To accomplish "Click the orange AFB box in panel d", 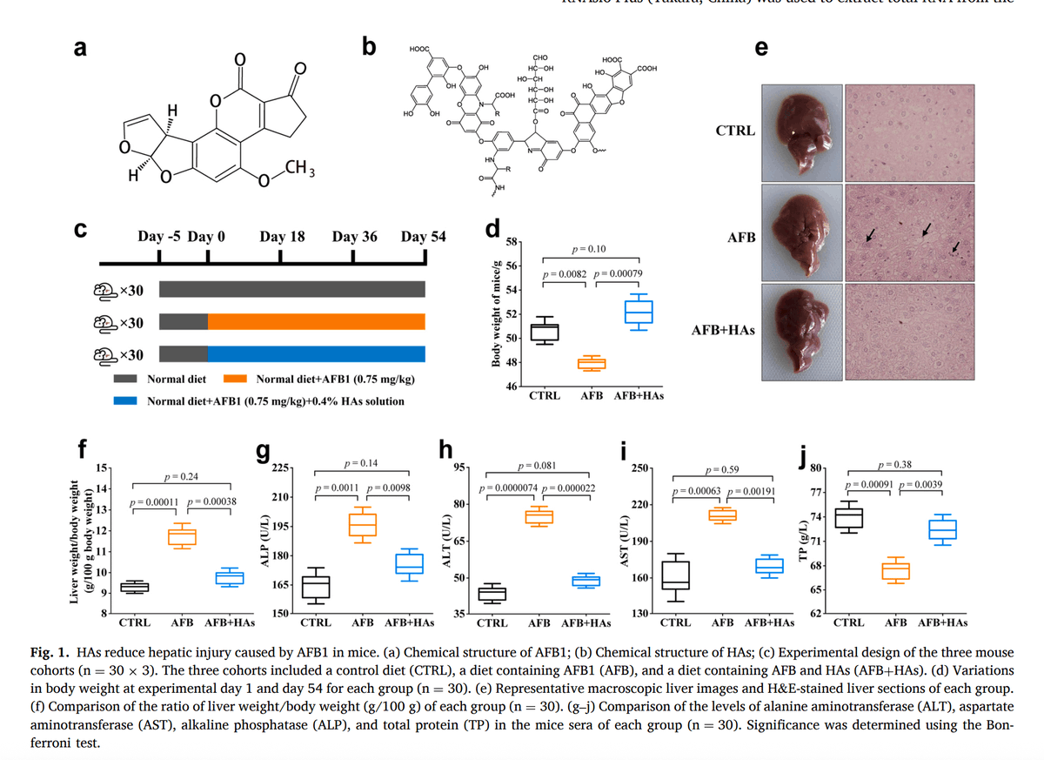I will tap(592, 363).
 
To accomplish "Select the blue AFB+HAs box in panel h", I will tap(586, 581).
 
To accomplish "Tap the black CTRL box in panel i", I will tap(675, 575).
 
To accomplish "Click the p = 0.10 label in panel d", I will tap(590, 250).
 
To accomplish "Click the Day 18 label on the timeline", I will tap(281, 237).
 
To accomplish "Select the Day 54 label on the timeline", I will tap(424, 237).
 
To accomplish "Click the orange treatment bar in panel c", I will tap(317, 322).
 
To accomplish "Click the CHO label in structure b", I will tap(539, 57).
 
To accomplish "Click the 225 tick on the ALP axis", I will tap(281, 469).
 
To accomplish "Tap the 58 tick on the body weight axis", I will tap(512, 241).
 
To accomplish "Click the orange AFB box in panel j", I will tap(895, 570).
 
